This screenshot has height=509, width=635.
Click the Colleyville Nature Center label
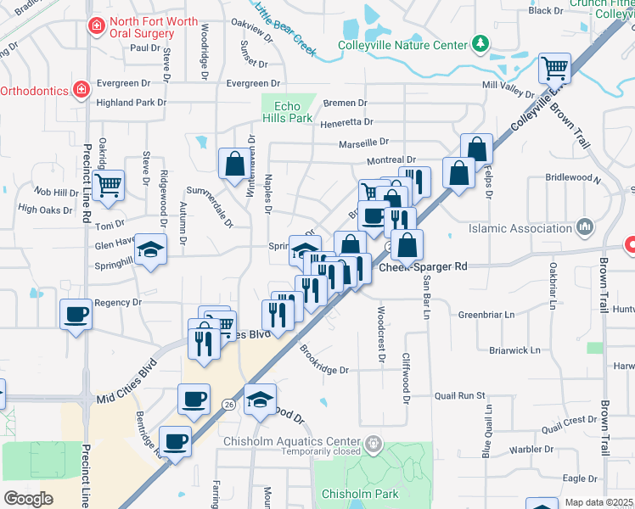point(403,45)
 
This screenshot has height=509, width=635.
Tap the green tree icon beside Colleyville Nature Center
point(481,43)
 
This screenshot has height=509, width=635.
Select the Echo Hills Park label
point(289,111)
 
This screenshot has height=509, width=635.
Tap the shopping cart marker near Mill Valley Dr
point(554,67)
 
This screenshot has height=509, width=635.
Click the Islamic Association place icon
point(583,227)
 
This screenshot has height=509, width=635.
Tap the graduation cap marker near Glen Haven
point(150,249)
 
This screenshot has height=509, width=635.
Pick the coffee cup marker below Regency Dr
point(76,315)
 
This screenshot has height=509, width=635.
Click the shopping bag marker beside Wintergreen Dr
point(234,164)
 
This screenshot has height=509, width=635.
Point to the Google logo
point(28,498)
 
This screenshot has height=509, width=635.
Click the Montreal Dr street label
point(391,159)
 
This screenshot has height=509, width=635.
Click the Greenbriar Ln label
point(487,315)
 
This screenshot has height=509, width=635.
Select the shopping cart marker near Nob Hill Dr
point(108,185)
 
